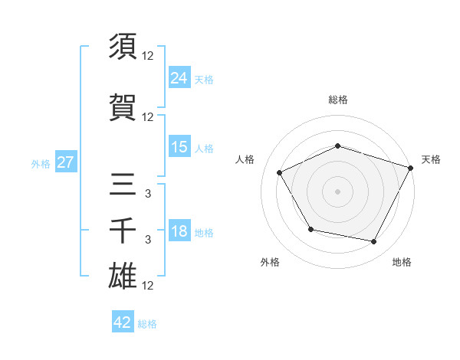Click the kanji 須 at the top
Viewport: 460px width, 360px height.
click(x=123, y=47)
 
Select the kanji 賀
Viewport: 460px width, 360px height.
click(x=123, y=107)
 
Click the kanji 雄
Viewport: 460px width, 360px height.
click(x=123, y=277)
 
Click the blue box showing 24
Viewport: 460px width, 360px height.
click(x=179, y=77)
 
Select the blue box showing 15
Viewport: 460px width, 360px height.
click(x=179, y=147)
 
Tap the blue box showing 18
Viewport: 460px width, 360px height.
click(x=179, y=231)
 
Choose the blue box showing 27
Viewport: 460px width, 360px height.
click(x=66, y=162)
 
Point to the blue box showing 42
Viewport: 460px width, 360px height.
click(x=123, y=322)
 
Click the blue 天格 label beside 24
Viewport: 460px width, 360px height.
click(x=204, y=79)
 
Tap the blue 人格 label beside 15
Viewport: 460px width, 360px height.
click(x=204, y=149)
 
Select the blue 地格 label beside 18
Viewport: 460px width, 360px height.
click(x=204, y=233)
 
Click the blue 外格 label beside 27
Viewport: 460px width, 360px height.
click(x=41, y=164)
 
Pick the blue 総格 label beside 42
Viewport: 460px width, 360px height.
click(x=147, y=324)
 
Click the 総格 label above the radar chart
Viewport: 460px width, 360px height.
click(x=338, y=100)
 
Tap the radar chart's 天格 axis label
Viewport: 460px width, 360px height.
click(x=431, y=159)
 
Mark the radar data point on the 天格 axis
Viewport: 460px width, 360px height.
click(x=411, y=167)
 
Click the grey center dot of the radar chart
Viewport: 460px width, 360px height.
click(x=338, y=191)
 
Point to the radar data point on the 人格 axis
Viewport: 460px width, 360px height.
click(x=280, y=172)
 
